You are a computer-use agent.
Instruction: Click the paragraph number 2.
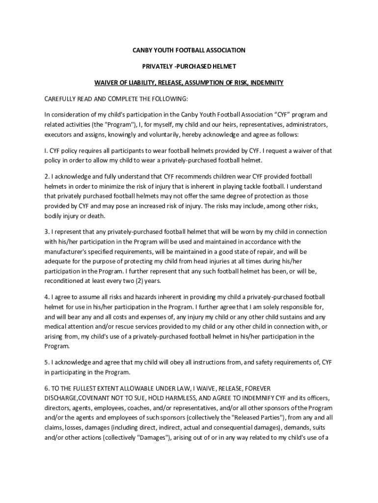point(47,176)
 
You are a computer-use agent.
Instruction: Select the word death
point(95,216)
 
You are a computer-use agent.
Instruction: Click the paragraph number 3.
point(47,232)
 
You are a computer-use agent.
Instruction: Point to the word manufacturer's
point(67,251)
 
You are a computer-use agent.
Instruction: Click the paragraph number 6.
point(47,389)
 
